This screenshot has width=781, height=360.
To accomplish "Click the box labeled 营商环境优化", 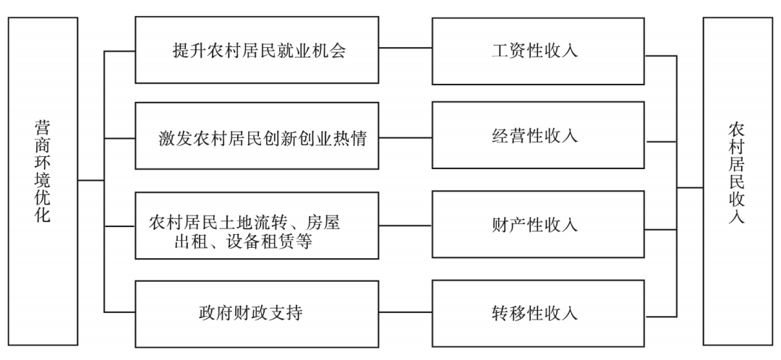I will click(43, 180).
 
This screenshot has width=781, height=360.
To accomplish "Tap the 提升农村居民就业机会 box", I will click(257, 51).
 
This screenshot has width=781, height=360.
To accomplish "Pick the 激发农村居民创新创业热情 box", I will click(257, 137).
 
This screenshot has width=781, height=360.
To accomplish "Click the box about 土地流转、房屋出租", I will click(257, 225).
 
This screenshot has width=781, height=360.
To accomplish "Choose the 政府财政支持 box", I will click(257, 313).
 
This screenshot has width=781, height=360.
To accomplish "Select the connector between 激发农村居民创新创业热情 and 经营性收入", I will click(405, 137).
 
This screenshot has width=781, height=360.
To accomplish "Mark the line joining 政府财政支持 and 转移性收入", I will click(405, 313).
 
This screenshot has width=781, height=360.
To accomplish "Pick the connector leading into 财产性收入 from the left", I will click(405, 225).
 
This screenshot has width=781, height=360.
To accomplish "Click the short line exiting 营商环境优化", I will click(91, 180).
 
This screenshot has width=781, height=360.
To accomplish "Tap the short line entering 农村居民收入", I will click(690, 187).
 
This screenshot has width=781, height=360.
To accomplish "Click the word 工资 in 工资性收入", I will click(505, 51).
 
